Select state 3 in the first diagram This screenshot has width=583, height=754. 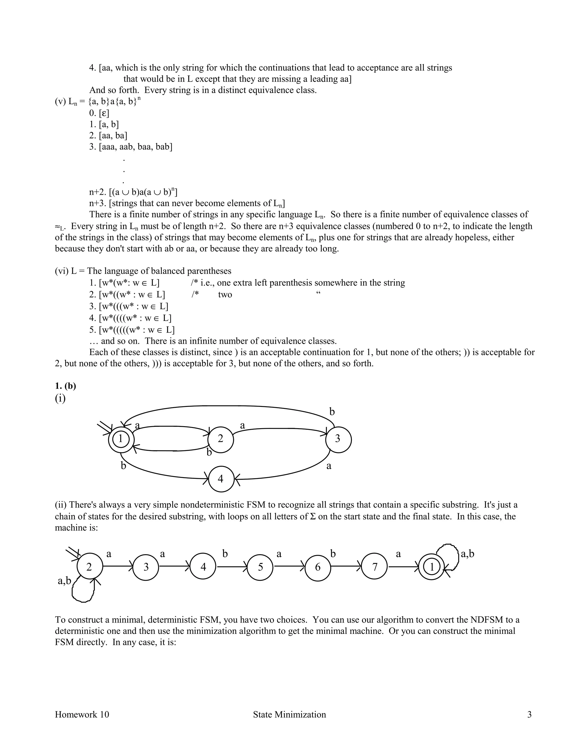pos(338,439)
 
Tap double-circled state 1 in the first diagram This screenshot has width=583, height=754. pos(120,439)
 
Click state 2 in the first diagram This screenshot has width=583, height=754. pos(221,439)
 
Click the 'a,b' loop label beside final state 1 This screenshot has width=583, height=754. pos(468,554)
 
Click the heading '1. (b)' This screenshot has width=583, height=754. pos(65,386)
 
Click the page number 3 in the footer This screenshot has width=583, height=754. pos(529,714)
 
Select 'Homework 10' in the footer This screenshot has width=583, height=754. pos(82,714)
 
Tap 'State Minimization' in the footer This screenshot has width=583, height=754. pos(290,714)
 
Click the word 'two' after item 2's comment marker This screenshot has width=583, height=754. pos(225,294)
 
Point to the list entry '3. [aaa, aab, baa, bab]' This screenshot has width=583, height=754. pos(131,147)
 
